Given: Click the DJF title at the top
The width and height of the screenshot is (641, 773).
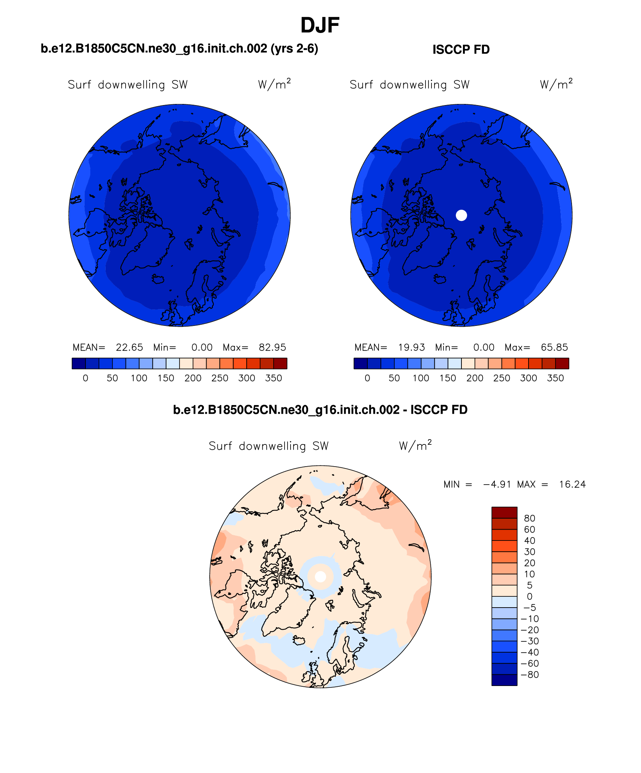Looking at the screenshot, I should [x=320, y=26].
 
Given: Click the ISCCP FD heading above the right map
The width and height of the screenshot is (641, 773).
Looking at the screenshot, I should [x=461, y=50].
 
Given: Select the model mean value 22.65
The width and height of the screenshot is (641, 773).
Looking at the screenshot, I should [x=129, y=347].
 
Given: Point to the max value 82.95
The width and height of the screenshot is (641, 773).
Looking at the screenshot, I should [x=272, y=347].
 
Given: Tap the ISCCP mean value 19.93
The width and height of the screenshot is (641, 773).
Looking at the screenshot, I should [x=411, y=347].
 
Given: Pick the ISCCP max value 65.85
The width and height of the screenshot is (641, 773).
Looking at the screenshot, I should [x=554, y=347].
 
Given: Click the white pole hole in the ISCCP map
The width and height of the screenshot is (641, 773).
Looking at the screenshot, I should [x=461, y=215].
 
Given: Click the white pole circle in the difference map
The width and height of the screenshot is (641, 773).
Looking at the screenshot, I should [x=320, y=577].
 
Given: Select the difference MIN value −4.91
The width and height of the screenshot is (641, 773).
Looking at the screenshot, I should [x=497, y=484].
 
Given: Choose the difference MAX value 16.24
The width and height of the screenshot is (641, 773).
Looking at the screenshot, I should [x=572, y=484].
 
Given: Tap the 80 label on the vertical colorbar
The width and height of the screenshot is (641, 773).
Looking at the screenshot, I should [x=529, y=518].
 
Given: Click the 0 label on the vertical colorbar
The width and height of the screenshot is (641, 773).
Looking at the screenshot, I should [x=529, y=596].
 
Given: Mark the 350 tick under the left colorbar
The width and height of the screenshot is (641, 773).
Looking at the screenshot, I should [x=273, y=378].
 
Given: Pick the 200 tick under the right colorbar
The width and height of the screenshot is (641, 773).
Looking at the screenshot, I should [x=475, y=378].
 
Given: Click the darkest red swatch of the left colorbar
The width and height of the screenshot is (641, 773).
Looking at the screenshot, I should [x=280, y=363].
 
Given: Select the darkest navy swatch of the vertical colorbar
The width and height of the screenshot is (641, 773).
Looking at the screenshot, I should [x=504, y=680].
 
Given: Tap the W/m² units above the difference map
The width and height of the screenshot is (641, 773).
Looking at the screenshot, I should [x=415, y=446].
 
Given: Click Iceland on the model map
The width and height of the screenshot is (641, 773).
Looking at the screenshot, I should [x=158, y=279].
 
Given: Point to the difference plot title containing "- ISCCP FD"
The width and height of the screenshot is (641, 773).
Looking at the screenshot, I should [x=320, y=410].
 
